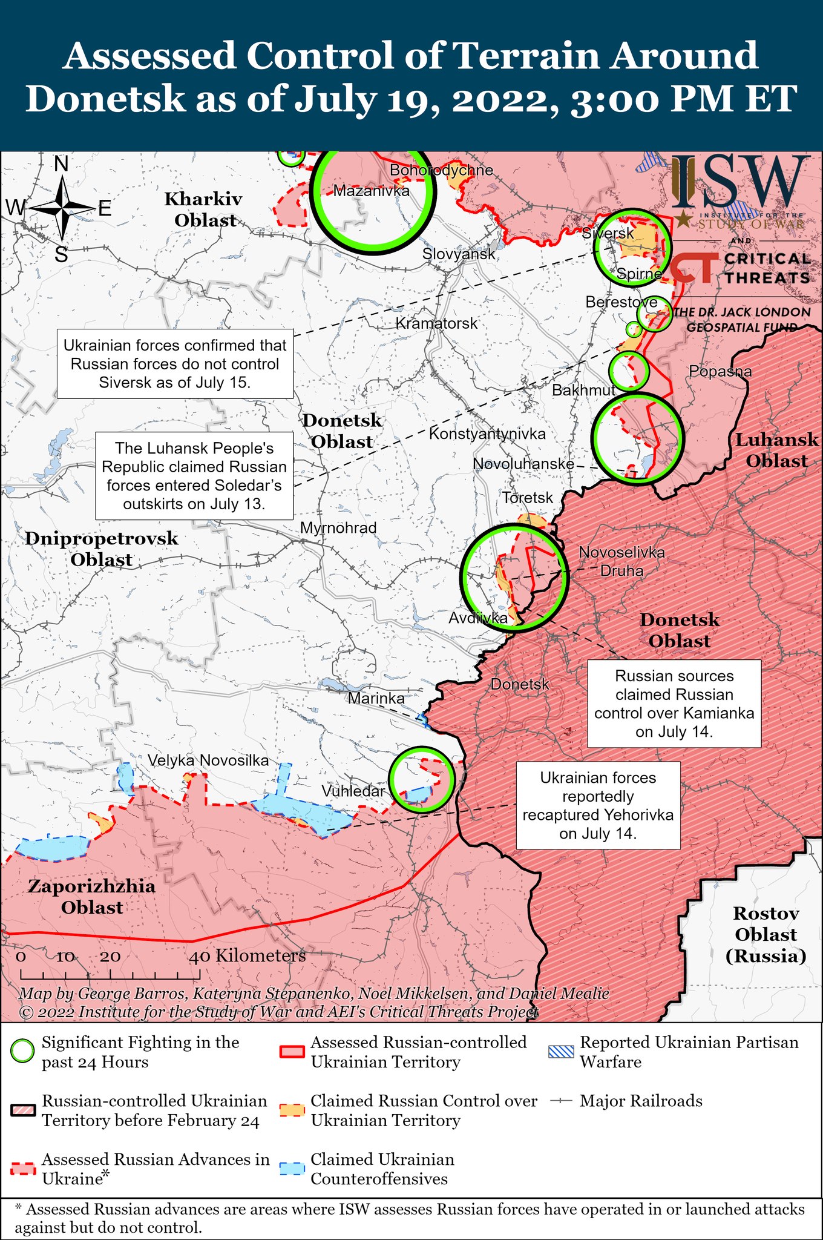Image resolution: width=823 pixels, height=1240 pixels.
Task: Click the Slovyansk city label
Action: coord(459,254)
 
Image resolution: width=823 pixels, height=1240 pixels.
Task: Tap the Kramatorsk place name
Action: coord(436,323)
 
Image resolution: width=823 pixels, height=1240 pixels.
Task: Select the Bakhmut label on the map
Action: coord(583,390)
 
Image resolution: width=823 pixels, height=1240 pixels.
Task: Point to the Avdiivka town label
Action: coord(478,618)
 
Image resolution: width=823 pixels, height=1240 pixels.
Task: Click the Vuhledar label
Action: coord(353,791)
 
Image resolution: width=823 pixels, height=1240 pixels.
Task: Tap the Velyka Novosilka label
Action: coord(208,760)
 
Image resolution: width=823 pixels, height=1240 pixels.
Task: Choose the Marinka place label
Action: coord(376,698)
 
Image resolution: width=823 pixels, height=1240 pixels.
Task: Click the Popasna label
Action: coord(720,371)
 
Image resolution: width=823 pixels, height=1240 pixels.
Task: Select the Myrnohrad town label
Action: coord(338,527)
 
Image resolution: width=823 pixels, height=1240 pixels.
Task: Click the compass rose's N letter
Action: coord(61,164)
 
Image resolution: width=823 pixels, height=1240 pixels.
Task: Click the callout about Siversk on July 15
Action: coord(175,364)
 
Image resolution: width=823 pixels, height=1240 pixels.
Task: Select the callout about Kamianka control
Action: coord(674,704)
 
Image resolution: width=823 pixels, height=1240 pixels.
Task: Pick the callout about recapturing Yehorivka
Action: coord(598,805)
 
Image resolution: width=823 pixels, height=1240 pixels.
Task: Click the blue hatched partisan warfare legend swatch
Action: coord(560,1051)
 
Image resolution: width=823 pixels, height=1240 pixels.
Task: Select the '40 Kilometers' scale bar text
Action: coord(248,956)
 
